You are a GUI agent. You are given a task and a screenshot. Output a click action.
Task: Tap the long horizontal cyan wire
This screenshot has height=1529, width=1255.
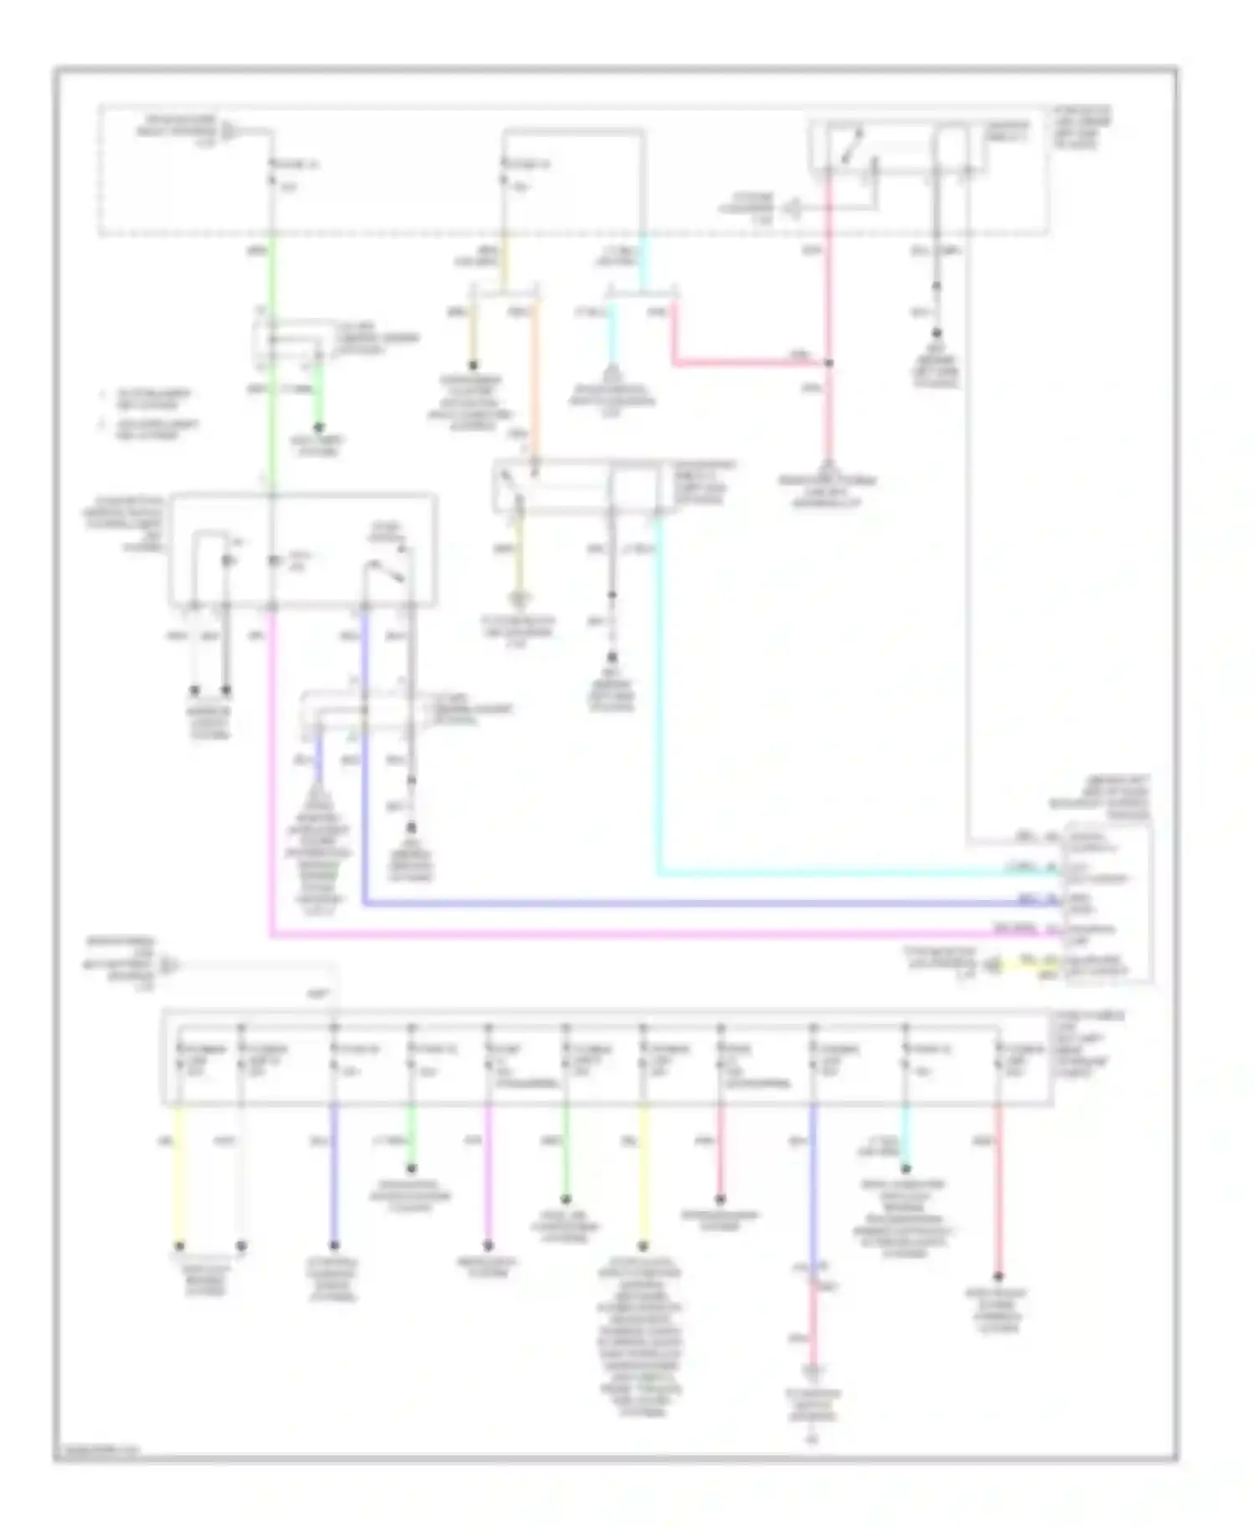pyautogui.click(x=837, y=875)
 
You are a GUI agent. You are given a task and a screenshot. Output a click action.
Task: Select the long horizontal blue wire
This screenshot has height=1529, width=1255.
pyautogui.click(x=686, y=904)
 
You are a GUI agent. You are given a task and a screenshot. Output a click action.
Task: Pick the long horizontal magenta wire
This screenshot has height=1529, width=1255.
pyautogui.click(x=636, y=934)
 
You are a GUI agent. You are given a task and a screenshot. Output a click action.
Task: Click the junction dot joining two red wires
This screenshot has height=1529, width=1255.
pyautogui.click(x=828, y=363)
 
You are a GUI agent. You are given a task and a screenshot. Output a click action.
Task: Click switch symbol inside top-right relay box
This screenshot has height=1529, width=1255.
pyautogui.click(x=848, y=147)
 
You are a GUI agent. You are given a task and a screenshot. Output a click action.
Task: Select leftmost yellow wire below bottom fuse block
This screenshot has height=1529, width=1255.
pyautogui.click(x=178, y=1171)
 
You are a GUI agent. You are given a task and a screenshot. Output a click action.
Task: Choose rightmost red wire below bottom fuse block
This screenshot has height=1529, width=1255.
pyautogui.click(x=997, y=1188)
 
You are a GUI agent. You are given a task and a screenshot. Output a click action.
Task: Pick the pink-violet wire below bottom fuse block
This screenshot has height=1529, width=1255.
pyautogui.click(x=488, y=1171)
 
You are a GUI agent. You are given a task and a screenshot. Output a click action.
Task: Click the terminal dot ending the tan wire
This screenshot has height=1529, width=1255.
pyautogui.click(x=473, y=365)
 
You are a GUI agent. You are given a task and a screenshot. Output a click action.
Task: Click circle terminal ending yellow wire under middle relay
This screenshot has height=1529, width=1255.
pyautogui.click(x=520, y=599)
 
